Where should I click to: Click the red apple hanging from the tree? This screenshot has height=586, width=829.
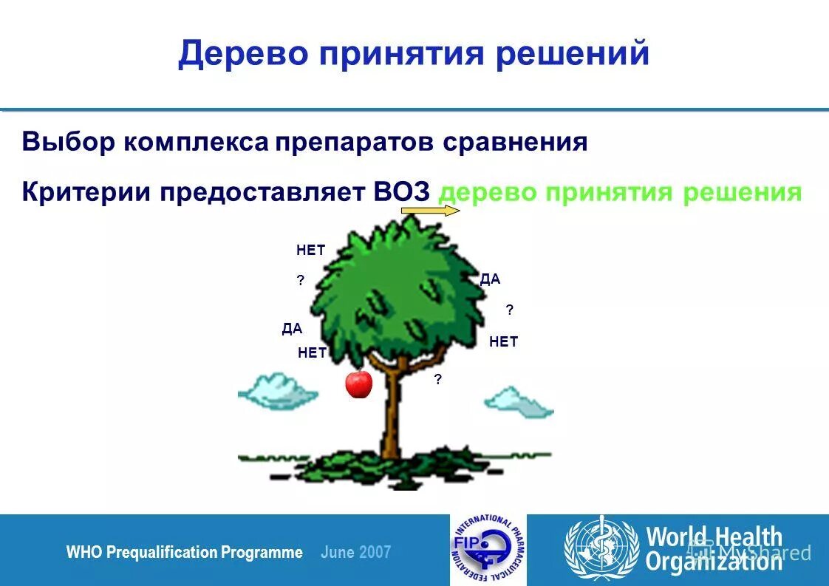pos(359,384)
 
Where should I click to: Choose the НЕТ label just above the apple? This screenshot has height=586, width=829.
pos(312,353)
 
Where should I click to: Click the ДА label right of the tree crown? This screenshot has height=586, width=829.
pos(490,279)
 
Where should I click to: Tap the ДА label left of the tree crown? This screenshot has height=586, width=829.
pos(292,330)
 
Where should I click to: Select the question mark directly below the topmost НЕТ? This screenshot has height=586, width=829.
pos(301,281)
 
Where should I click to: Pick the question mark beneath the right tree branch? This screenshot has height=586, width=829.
pos(438,380)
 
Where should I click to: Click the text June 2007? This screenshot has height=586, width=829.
pos(356,553)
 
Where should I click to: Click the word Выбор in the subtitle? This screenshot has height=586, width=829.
pos(68,142)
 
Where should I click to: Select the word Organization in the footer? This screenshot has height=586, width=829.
pos(714,562)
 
